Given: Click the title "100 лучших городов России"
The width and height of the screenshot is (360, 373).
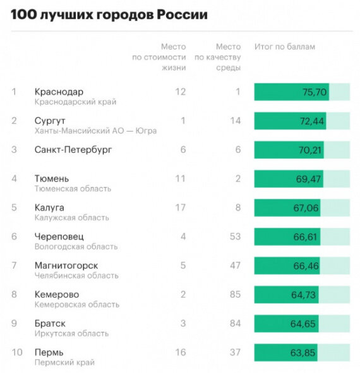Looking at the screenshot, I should [x=109, y=14].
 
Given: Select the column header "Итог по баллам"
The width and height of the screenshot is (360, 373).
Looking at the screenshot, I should [x=284, y=47].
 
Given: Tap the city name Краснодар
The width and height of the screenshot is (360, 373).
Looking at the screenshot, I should [x=59, y=92].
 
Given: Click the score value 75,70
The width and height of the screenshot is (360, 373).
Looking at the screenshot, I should [x=315, y=92].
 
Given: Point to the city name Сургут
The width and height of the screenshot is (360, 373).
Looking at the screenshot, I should [x=50, y=120].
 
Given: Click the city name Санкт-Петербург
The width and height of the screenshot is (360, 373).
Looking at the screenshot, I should [x=73, y=150].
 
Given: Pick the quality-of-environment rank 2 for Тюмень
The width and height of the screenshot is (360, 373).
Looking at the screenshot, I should [x=238, y=178].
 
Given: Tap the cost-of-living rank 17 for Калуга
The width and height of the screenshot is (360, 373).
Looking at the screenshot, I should [x=181, y=207].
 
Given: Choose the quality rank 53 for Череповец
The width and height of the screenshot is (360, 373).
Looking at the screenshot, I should [x=236, y=236].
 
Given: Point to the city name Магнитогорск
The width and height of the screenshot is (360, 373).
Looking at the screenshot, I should [x=66, y=266].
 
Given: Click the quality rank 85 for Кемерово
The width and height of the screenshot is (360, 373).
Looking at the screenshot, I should [x=236, y=295].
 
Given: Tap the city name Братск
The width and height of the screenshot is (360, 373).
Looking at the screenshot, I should [x=50, y=324].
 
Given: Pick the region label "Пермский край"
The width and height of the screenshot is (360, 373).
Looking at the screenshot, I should [x=64, y=362].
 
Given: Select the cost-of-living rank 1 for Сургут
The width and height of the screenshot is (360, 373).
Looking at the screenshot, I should [x=183, y=120].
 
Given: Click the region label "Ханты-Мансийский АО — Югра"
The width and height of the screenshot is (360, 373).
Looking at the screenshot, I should [x=95, y=130].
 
